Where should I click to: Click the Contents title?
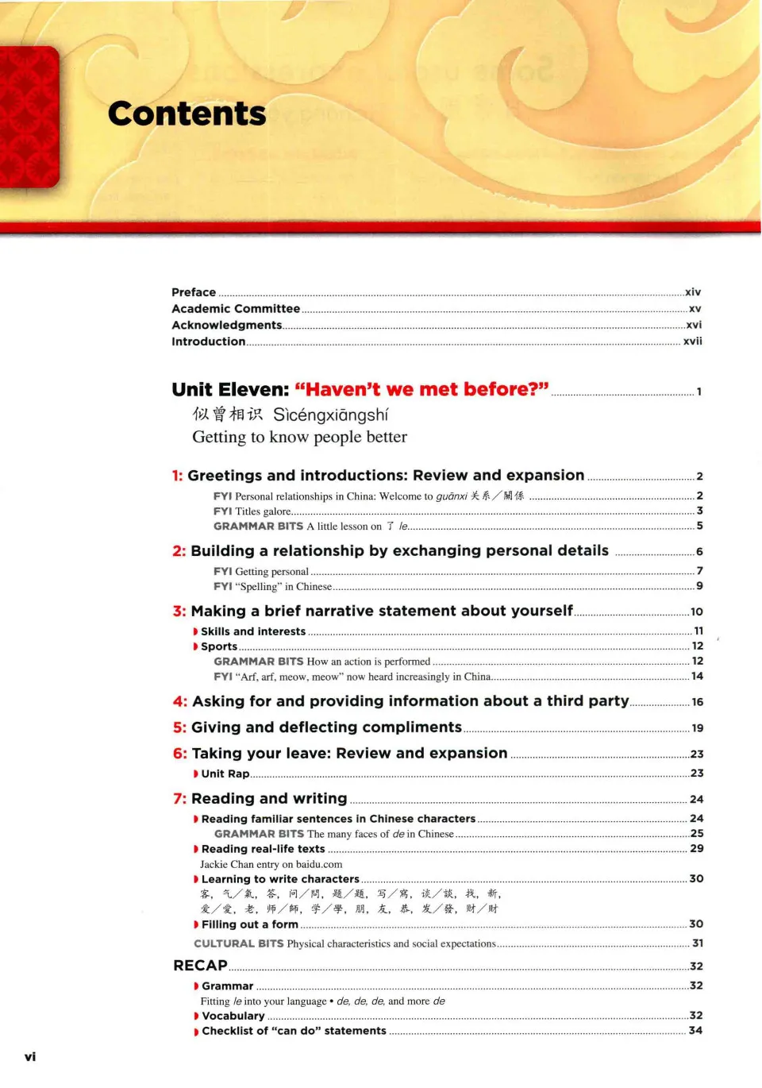pyautogui.click(x=187, y=114)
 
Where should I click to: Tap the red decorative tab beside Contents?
pyautogui.click(x=29, y=117)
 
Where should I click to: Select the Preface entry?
pyautogui.click(x=194, y=292)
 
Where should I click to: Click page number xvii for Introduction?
pyautogui.click(x=692, y=341)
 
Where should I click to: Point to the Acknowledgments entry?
pyautogui.click(x=226, y=325)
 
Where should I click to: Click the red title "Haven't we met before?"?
pyautogui.click(x=421, y=389)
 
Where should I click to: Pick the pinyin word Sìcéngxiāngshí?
pyautogui.click(x=330, y=415)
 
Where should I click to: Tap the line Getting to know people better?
pyautogui.click(x=299, y=437)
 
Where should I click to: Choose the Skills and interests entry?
pyautogui.click(x=252, y=631)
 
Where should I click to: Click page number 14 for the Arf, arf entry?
pyautogui.click(x=697, y=676)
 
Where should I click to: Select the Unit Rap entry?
pyautogui.click(x=225, y=774)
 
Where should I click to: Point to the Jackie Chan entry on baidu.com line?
pyautogui.click(x=271, y=864)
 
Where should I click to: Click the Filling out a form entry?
pyautogui.click(x=249, y=924)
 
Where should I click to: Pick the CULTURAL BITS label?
pyautogui.click(x=238, y=943)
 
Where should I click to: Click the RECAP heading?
pyautogui.click(x=200, y=965)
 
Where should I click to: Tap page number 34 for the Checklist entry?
pyautogui.click(x=695, y=1030)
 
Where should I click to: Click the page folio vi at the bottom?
pyautogui.click(x=30, y=1056)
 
